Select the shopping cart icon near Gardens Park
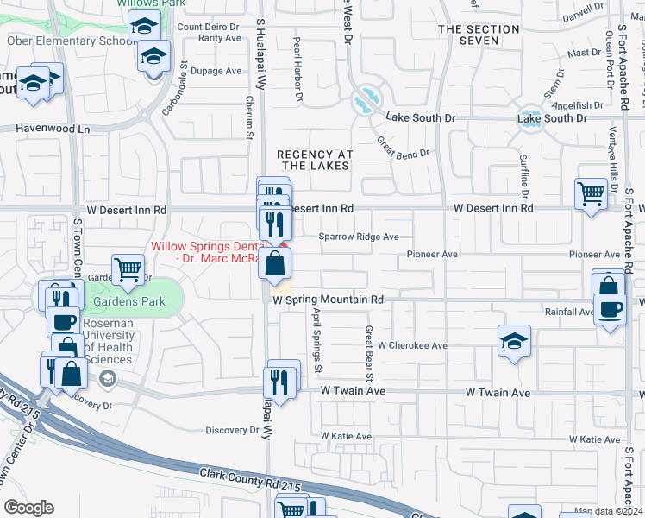coord(128,269)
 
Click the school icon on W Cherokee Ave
coord(513,341)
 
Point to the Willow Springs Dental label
coord(216,251)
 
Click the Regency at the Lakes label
coord(315,160)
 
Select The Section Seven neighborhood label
coord(479,35)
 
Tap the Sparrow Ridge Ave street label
coord(358,236)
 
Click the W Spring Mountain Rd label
coord(328,300)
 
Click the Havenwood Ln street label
coord(53,129)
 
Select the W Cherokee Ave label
coord(412,345)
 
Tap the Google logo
coord(28,508)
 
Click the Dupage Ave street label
coord(216,71)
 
